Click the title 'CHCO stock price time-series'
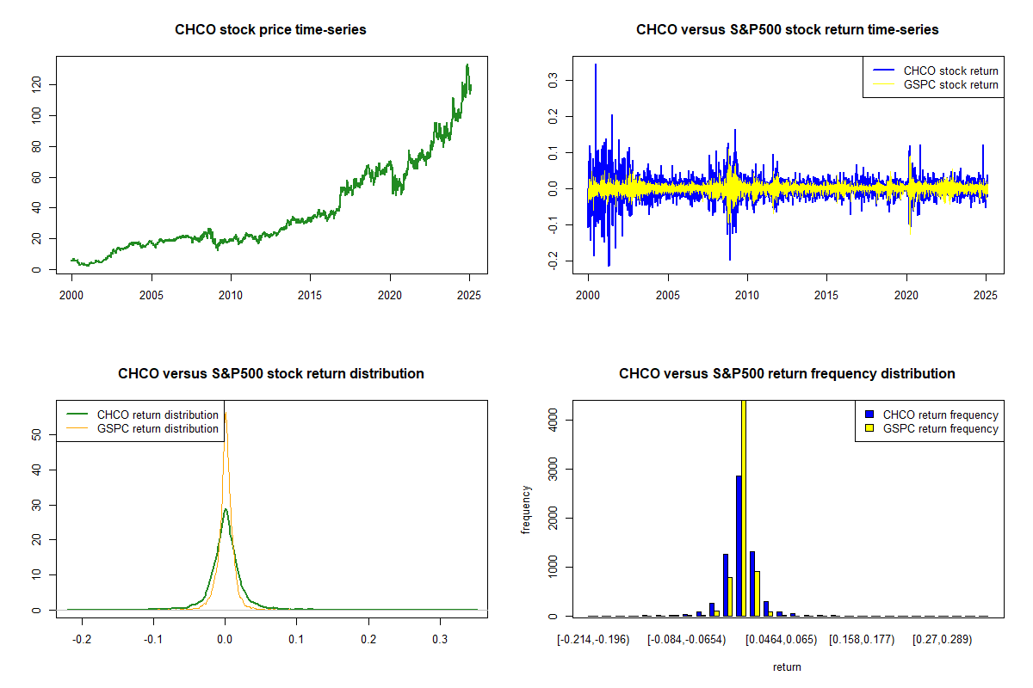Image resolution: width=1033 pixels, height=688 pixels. [x=270, y=30]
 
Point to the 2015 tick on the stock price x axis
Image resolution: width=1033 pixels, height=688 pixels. [x=311, y=295]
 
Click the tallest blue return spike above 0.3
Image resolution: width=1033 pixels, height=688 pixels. [x=595, y=65]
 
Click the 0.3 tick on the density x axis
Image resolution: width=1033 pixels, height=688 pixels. [x=440, y=639]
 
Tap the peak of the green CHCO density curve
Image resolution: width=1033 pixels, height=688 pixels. [x=226, y=509]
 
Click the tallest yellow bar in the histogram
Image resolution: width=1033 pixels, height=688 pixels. [x=744, y=507]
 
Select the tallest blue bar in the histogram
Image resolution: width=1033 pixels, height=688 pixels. [x=738, y=545]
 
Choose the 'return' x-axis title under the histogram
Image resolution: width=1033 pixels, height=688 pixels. [x=787, y=666]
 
